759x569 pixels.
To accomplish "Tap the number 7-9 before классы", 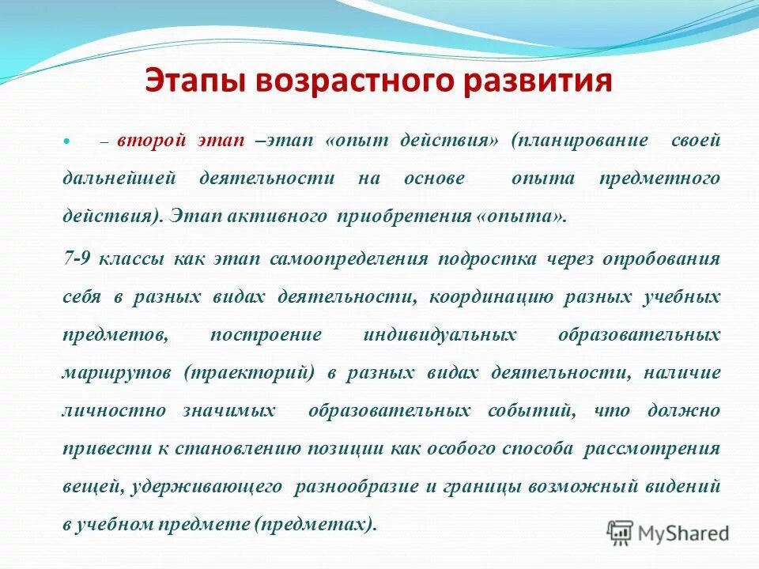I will pos(76,258).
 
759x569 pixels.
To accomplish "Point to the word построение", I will pos(266,334).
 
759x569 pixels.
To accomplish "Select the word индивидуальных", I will pos(440,334).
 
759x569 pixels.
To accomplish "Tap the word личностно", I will pos(114,410).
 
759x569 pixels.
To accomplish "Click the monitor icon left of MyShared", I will pos(621,532).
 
